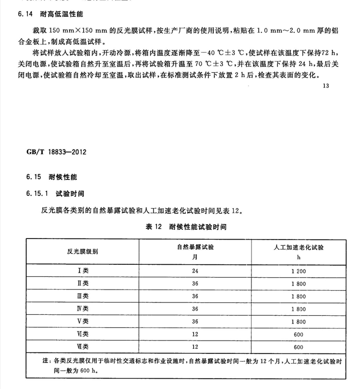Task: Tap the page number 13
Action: pos(325,86)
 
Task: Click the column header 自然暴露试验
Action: pos(195,247)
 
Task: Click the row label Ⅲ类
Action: pos(83,296)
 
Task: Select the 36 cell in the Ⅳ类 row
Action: pos(195,309)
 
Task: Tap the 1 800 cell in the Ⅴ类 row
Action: pos(298,321)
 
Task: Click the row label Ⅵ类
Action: pos(83,334)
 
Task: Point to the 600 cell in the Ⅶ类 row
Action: pos(298,346)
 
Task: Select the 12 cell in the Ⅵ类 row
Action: pos(195,334)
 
